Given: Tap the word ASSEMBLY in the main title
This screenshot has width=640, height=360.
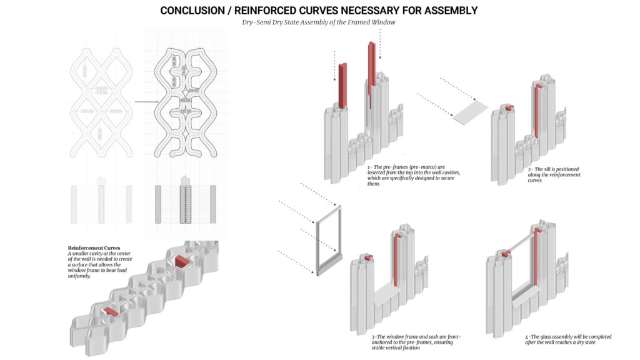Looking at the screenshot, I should [x=446, y=11].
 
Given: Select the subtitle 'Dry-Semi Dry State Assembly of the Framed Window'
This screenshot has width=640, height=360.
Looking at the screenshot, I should [x=319, y=22].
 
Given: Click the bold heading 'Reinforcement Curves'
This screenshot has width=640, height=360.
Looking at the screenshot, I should [x=94, y=248].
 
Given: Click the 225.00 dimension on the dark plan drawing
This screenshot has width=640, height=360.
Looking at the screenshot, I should [x=184, y=111].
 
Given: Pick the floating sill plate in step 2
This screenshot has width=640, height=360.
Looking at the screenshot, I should [x=471, y=113].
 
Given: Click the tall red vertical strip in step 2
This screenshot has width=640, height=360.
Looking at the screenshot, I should [x=537, y=109].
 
